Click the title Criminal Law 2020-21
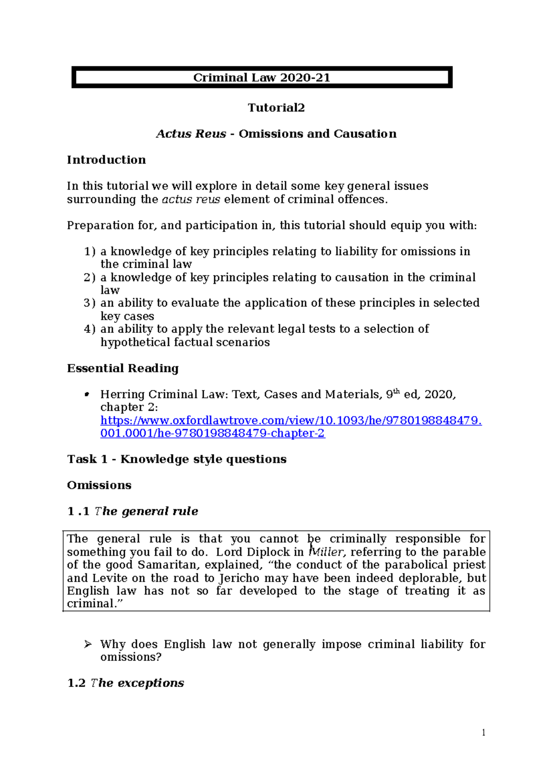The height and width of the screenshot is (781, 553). (x=261, y=77)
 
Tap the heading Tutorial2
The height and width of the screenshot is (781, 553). (x=276, y=108)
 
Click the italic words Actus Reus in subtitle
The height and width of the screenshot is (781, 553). (x=191, y=134)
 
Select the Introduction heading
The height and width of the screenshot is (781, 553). (x=106, y=160)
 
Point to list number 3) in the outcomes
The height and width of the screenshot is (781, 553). (x=90, y=303)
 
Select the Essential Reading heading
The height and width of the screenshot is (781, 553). (x=123, y=368)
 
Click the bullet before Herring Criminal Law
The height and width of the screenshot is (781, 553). (x=86, y=395)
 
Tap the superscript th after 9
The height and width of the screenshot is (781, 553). (x=396, y=391)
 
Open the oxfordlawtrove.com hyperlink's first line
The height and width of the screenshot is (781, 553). (x=291, y=420)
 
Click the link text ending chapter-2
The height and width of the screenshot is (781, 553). (x=212, y=433)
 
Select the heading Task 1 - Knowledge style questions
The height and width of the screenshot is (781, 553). (x=176, y=459)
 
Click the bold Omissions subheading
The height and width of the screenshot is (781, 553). (x=99, y=485)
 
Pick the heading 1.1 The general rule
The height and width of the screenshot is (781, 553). (x=133, y=512)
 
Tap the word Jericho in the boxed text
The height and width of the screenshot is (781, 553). (x=239, y=578)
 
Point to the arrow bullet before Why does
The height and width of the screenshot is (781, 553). (x=88, y=644)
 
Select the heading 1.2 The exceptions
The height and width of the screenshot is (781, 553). (x=125, y=683)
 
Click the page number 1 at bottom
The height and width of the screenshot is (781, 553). (x=483, y=733)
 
